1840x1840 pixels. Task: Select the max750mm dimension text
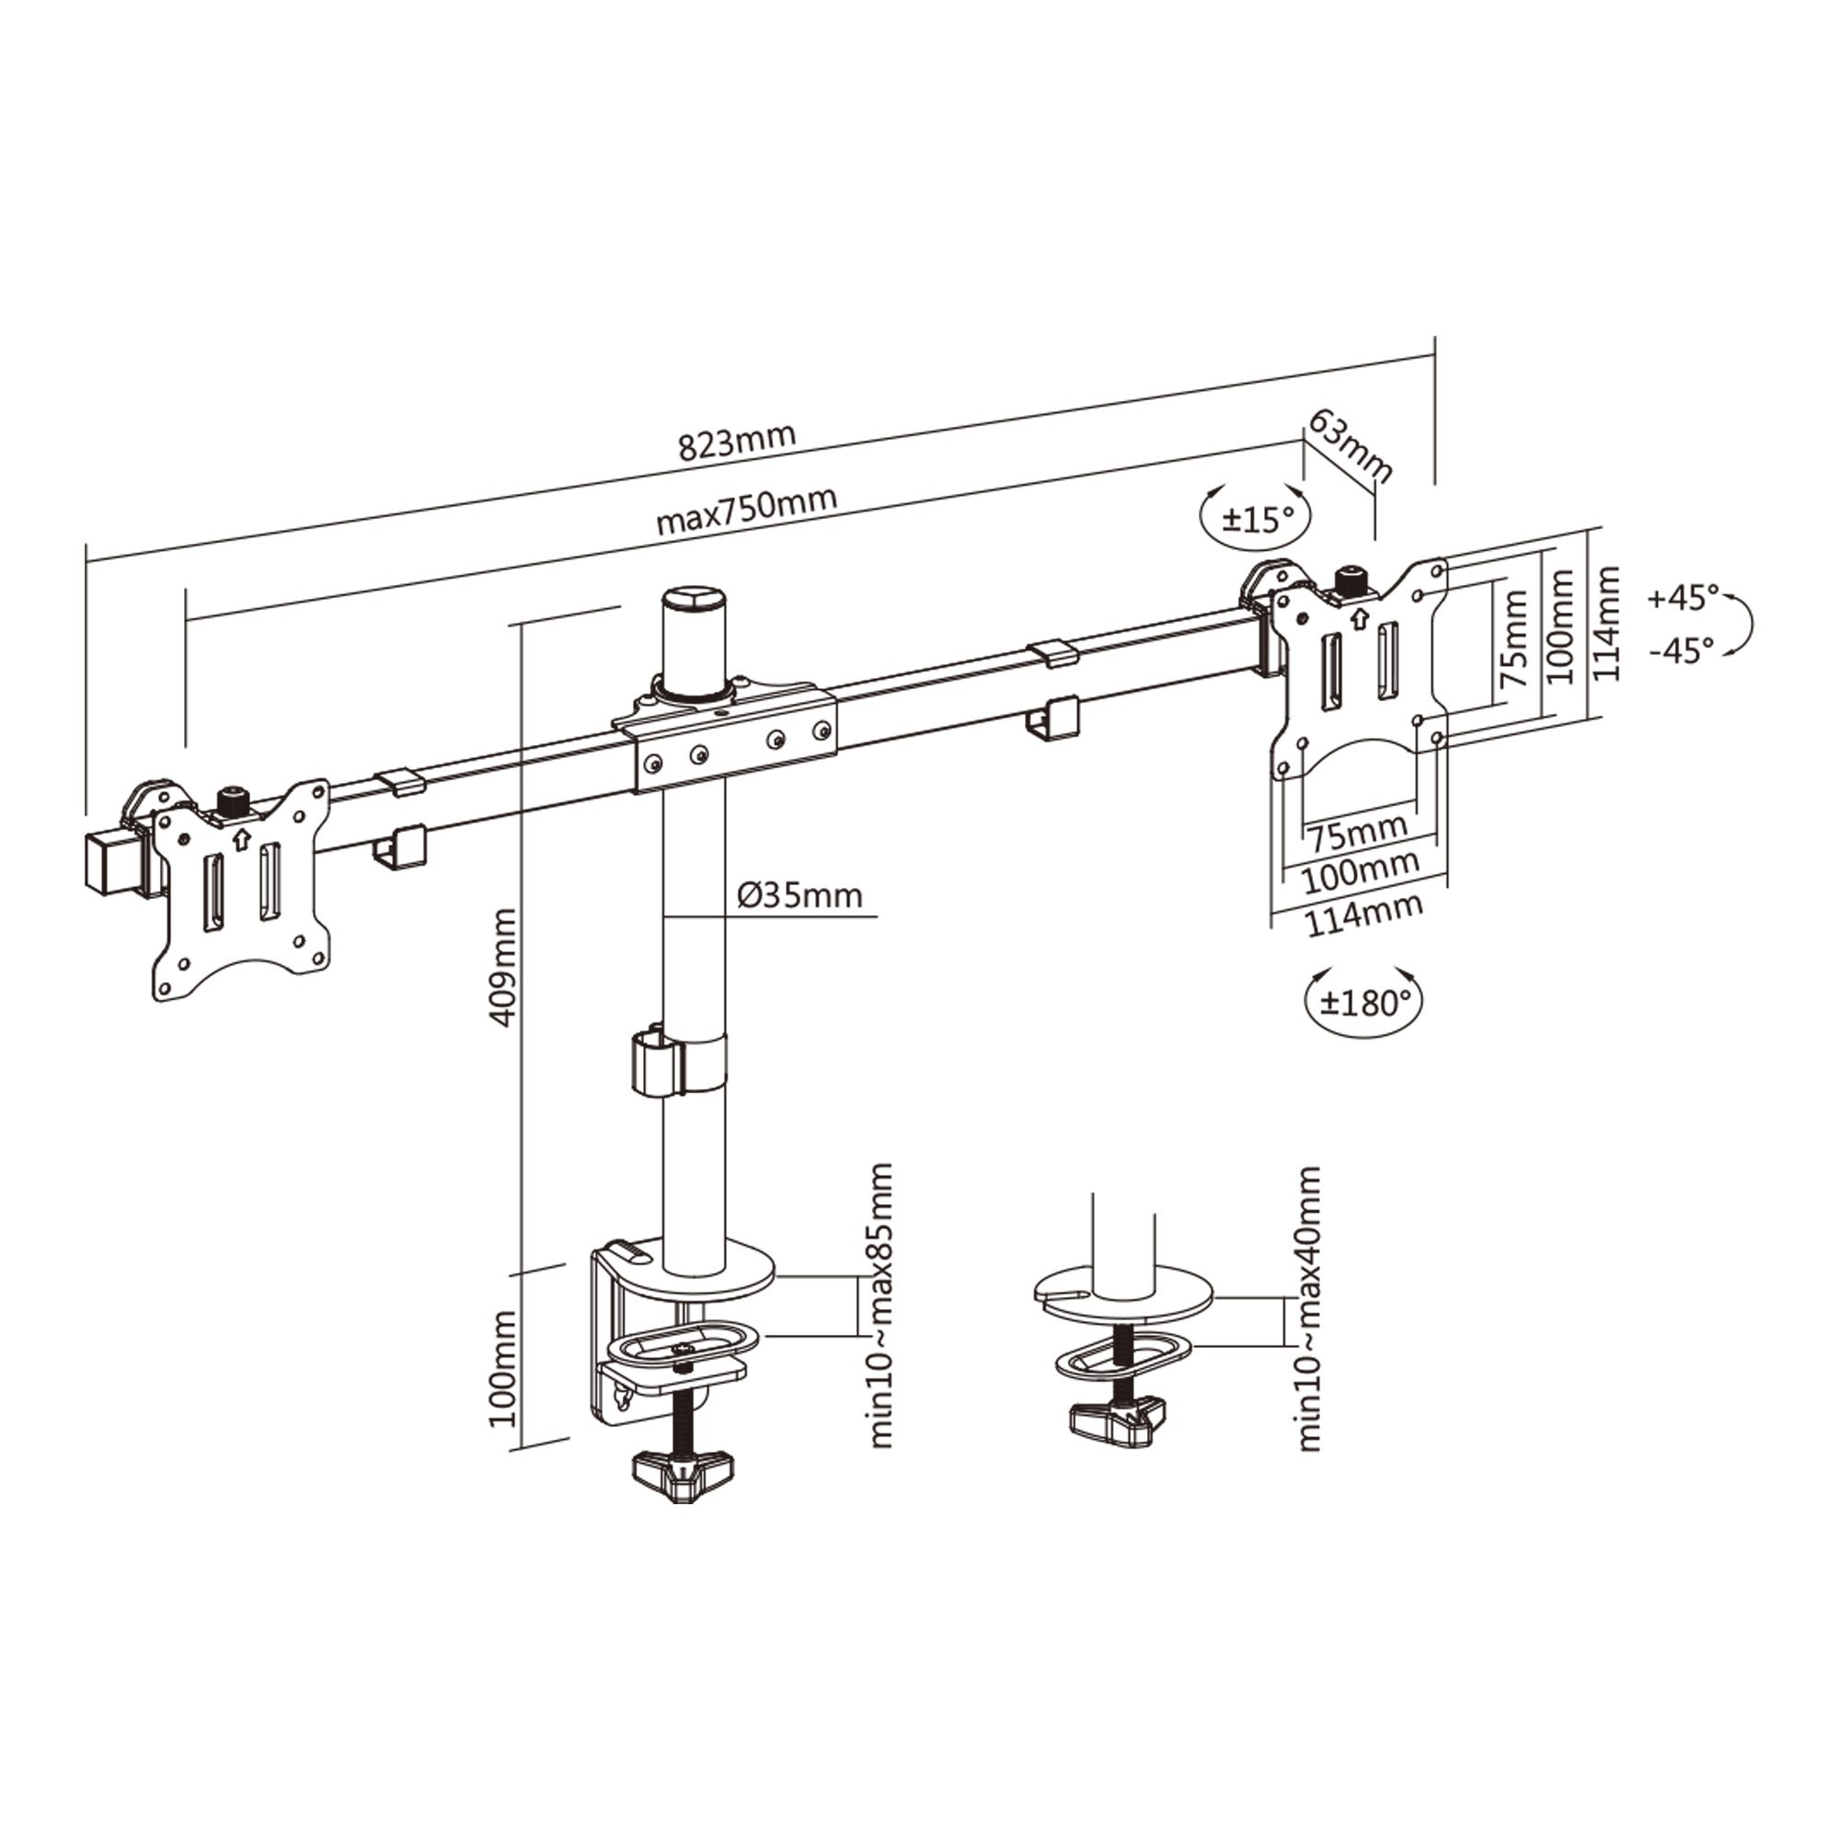[747, 511]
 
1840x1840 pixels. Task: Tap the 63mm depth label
[1351, 444]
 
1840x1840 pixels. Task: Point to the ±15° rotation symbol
[1257, 517]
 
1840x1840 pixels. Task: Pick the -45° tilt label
[1682, 650]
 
